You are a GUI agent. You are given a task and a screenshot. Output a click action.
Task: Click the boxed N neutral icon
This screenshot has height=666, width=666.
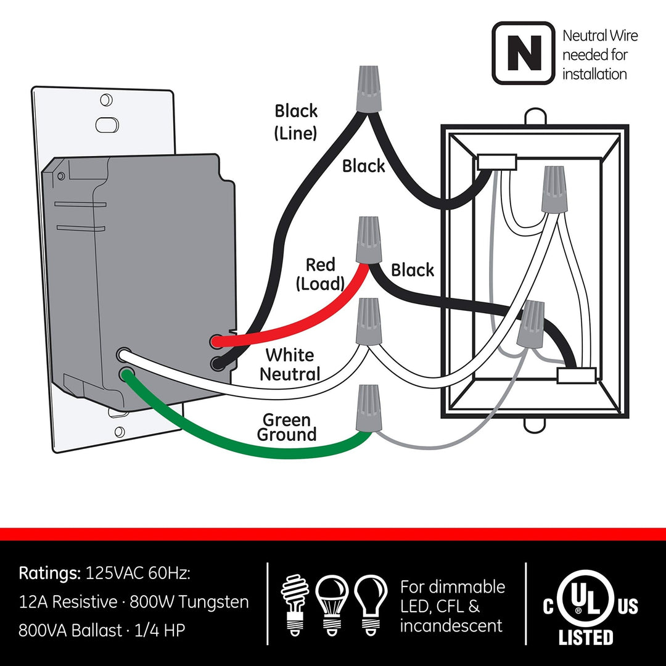point(524,53)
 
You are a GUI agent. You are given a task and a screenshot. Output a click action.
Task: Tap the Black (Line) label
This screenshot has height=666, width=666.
point(296,121)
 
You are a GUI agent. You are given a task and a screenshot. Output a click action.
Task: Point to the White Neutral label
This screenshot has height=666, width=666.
point(290,364)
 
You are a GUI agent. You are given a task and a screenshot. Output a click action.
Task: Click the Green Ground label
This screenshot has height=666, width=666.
point(287,427)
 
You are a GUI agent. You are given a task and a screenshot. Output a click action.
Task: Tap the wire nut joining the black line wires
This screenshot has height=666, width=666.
point(366,91)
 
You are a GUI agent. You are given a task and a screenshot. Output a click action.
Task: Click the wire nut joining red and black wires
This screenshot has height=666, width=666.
point(368,239)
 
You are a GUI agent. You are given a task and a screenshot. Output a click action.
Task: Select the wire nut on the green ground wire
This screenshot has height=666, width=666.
point(368,408)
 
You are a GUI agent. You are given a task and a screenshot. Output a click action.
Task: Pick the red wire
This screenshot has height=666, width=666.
point(290,321)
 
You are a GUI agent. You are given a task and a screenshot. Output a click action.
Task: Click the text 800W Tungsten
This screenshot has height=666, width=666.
point(189,602)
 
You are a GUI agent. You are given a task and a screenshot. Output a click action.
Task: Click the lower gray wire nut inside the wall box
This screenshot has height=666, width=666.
point(530,324)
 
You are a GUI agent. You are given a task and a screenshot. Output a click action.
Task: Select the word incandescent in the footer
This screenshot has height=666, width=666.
point(451,626)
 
